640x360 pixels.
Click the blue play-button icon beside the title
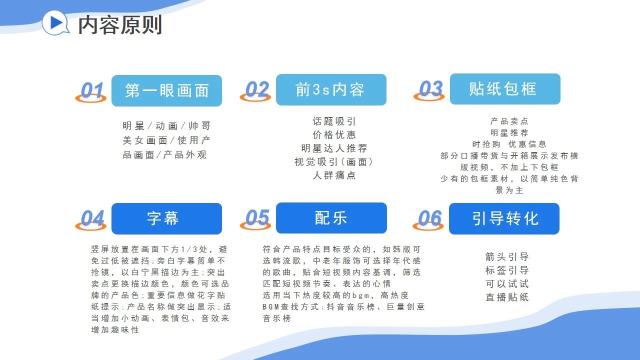[55, 22]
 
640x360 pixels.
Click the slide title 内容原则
[120, 25]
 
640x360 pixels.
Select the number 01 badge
[91, 91]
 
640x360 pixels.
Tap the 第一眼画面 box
[166, 90]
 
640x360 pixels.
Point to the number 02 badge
[255, 91]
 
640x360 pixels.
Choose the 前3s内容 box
[331, 89]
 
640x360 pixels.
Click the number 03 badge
[429, 90]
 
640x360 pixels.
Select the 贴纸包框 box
[505, 89]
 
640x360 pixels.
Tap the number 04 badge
[91, 219]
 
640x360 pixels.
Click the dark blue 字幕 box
[166, 218]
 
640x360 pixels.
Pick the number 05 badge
[255, 219]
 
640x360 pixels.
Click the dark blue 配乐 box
[331, 218]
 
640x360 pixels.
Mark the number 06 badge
[428, 219]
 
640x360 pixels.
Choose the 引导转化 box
[504, 218]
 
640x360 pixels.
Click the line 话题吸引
[334, 121]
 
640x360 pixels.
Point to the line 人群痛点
[334, 175]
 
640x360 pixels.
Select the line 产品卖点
[509, 121]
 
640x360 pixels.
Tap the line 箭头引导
[507, 256]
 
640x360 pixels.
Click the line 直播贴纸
[507, 297]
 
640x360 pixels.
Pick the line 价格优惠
[334, 134]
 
